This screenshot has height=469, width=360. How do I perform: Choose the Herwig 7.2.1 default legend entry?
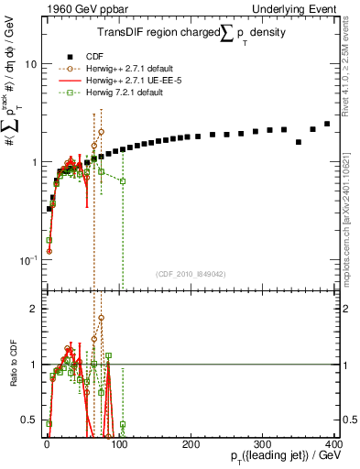tap(114, 93)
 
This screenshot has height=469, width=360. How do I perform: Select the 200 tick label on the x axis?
tap(191, 443)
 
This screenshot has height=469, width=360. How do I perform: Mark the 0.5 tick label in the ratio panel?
tap(29, 420)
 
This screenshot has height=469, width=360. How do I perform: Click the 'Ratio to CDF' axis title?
tap(12, 365)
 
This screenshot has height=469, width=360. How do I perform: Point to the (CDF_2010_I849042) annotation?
tap(191, 272)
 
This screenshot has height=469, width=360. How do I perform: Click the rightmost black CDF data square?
tap(327, 124)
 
